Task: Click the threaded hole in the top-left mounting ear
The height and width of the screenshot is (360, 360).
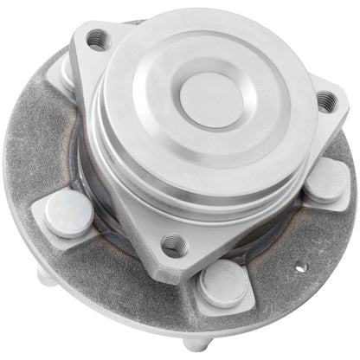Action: point(99,37)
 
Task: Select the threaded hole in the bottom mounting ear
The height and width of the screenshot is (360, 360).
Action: point(174,244)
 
